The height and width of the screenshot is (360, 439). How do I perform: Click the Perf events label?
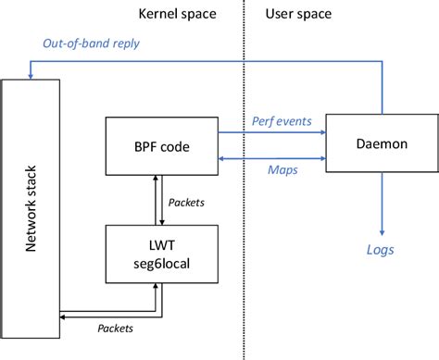coord(282,120)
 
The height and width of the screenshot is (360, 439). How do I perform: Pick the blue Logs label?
coord(382,250)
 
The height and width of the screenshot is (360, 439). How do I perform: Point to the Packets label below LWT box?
coord(116,329)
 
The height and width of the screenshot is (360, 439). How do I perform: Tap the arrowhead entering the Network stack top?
coord(31,75)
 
